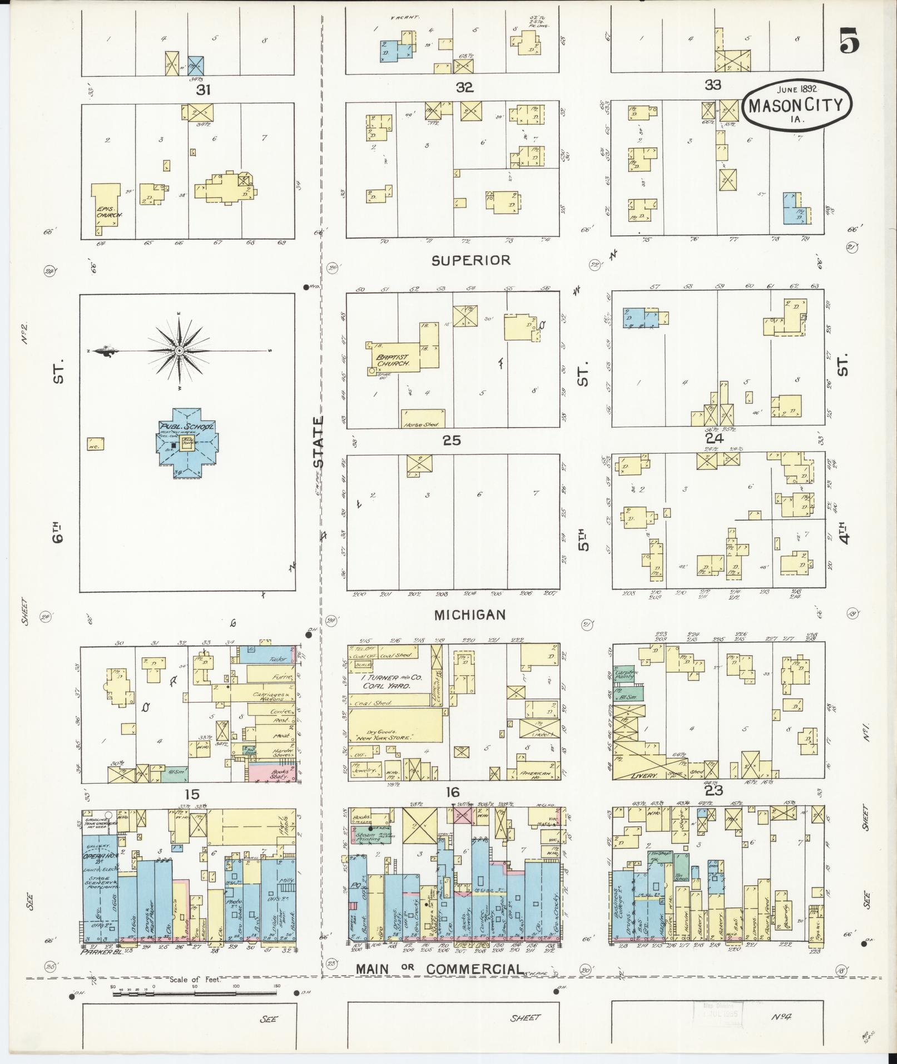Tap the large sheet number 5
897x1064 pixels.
pyautogui.click(x=849, y=40)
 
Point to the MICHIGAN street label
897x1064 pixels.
pyautogui.click(x=470, y=615)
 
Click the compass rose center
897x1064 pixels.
pyautogui.click(x=179, y=352)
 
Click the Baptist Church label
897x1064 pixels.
pyautogui.click(x=392, y=360)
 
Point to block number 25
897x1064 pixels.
pyautogui.click(x=452, y=441)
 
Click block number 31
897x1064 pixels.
pyautogui.click(x=204, y=90)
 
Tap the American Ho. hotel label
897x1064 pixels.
pyautogui.click(x=537, y=774)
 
